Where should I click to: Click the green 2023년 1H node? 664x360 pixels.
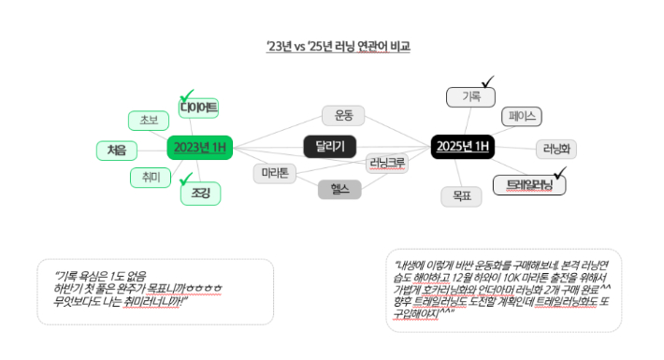[x=200, y=148]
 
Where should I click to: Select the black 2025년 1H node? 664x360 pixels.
[x=462, y=147]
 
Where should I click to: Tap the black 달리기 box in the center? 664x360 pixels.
[x=330, y=145]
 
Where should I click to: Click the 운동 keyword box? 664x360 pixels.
[x=343, y=115]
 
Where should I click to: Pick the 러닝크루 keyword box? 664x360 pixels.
[x=387, y=163]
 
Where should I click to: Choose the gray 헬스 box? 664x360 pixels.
[x=339, y=189]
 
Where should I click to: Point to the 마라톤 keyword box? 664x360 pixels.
[x=275, y=173]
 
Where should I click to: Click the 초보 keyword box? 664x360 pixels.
[x=149, y=120]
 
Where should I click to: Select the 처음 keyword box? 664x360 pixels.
[x=117, y=150]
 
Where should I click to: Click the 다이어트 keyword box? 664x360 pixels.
[x=199, y=108]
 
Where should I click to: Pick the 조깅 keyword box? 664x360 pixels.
[x=200, y=194]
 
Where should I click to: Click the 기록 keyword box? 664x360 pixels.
[x=470, y=96]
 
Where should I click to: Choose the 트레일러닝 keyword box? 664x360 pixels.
[x=529, y=185]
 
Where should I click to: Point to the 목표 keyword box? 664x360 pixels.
[x=461, y=196]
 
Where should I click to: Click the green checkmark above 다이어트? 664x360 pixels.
[x=187, y=94]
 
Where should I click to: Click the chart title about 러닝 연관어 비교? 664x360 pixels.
[x=338, y=46]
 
